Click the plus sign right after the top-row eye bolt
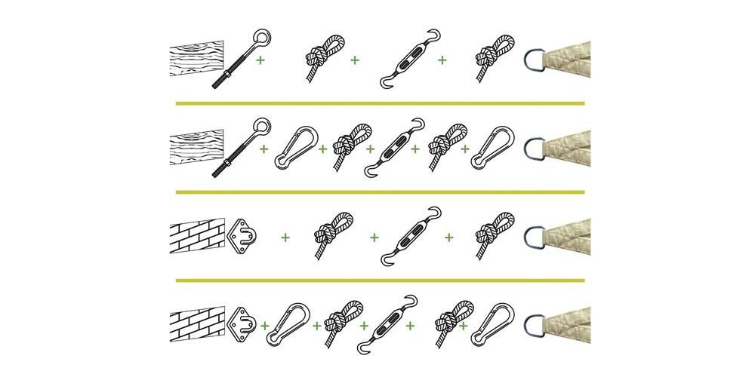260,59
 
